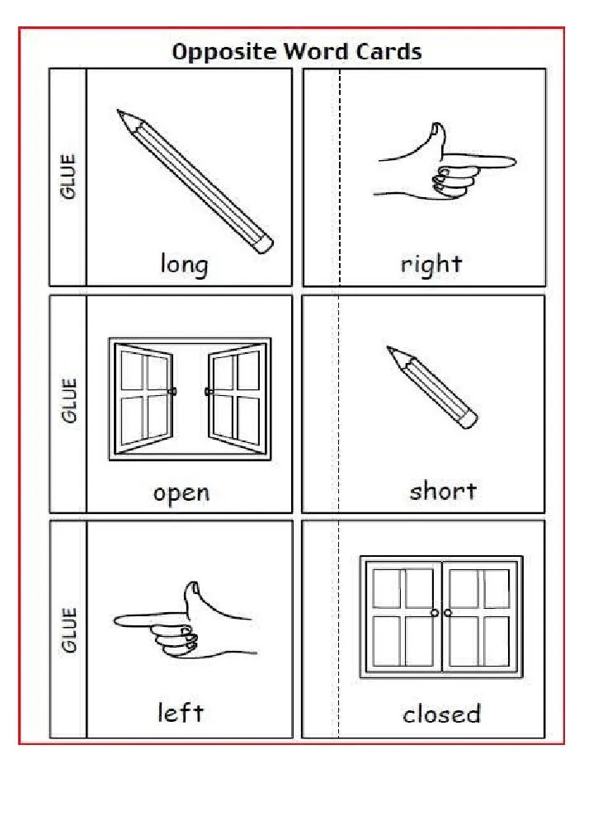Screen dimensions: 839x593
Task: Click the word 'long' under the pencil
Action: click(184, 265)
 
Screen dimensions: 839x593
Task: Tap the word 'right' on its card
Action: click(431, 265)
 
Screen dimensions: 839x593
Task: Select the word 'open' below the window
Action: click(181, 493)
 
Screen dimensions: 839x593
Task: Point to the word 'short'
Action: click(443, 491)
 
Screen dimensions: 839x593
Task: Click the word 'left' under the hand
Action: click(181, 712)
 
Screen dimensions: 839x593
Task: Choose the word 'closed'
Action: click(441, 714)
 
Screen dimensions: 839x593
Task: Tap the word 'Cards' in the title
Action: click(389, 52)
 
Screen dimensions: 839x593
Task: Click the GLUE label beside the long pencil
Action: click(68, 177)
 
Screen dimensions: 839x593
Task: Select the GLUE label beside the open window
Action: click(68, 401)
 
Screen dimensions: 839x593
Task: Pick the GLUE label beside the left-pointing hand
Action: click(68, 629)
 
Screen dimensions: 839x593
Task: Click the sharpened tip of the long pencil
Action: click(120, 112)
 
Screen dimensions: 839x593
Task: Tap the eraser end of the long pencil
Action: click(263, 243)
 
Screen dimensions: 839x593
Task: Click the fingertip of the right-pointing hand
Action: click(512, 160)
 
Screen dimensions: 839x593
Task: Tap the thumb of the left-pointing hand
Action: click(193, 589)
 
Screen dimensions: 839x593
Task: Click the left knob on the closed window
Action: click(435, 613)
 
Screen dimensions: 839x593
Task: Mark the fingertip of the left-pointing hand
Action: click(118, 619)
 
